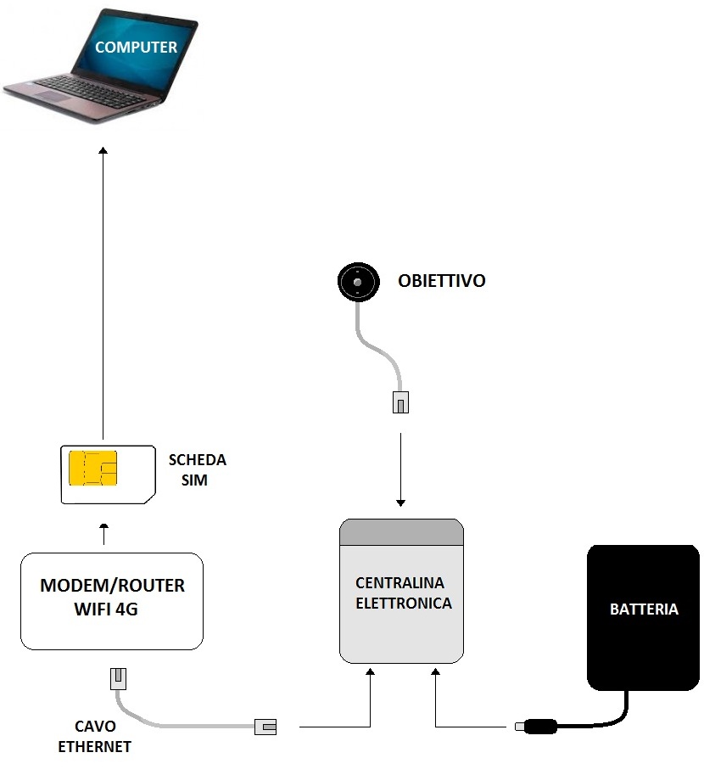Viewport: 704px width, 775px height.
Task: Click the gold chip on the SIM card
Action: click(93, 469)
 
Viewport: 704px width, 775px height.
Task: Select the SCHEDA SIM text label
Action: click(197, 469)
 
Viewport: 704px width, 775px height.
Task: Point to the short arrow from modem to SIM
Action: click(104, 534)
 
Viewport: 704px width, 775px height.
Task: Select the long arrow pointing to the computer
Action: click(103, 289)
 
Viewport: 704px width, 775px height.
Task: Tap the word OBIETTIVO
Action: click(442, 281)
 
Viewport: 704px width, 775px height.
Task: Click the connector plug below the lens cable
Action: click(401, 402)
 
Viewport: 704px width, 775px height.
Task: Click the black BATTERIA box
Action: click(643, 616)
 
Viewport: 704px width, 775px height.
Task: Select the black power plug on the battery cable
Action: click(537, 727)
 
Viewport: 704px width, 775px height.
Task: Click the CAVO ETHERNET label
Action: click(94, 737)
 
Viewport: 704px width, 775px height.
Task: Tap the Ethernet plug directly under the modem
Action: click(118, 678)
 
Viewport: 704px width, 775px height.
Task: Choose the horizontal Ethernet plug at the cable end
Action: click(265, 727)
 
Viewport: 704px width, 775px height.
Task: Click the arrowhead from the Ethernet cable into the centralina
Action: click(371, 672)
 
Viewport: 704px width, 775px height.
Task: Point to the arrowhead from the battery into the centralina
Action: click(435, 672)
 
